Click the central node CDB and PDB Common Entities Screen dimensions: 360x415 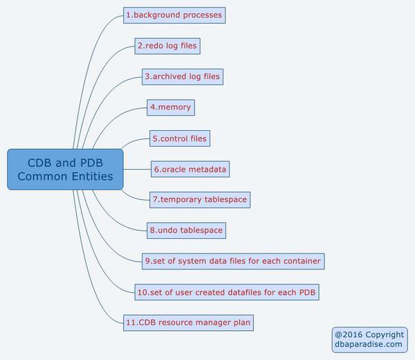tap(66, 170)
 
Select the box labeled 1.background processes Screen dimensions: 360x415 tap(174, 15)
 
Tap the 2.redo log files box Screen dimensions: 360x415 tap(167, 46)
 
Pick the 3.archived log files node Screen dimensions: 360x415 tap(183, 77)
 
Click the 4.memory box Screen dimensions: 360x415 tap(170, 107)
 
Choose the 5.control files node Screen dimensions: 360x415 tap(179, 138)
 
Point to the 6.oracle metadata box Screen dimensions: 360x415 tap(190, 169)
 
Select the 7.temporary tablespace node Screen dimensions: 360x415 tap(199, 199)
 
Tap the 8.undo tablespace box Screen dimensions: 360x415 tap(186, 230)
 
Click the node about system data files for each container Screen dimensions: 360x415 tap(232, 261)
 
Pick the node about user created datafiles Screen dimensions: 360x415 tap(227, 292)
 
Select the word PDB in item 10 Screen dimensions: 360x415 tap(307, 292)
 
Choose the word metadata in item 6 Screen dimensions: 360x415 tap(205, 169)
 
